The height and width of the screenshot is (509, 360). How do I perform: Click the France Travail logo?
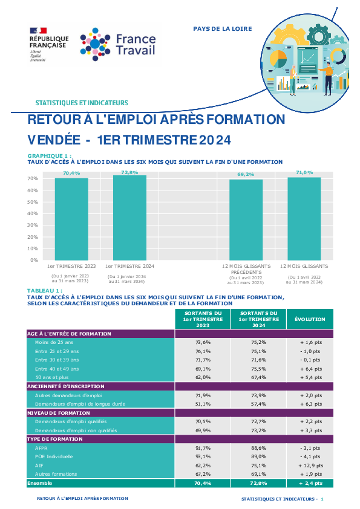click(118, 45)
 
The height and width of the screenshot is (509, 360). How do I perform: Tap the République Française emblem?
click(49, 45)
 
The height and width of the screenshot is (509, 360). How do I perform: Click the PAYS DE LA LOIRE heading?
click(223, 29)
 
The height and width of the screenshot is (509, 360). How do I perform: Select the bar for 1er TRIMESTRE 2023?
click(71, 219)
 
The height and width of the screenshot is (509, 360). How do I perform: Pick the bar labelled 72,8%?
click(129, 218)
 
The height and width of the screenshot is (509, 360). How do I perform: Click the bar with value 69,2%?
click(246, 220)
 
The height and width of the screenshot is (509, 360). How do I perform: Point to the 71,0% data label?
click(304, 172)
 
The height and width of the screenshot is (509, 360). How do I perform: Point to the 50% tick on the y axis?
click(33, 202)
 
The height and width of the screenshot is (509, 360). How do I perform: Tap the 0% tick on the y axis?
click(34, 260)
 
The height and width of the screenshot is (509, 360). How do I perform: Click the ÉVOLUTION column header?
click(310, 319)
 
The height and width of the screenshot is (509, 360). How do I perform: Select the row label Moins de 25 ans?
click(54, 342)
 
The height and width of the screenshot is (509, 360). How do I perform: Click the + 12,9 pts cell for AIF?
click(311, 465)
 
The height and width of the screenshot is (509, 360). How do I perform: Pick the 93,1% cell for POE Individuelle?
click(203, 456)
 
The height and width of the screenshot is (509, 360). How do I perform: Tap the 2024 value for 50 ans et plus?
click(258, 377)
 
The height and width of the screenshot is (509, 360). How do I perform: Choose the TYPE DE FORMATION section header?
click(55, 439)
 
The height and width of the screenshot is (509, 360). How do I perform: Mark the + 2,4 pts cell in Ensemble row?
click(311, 483)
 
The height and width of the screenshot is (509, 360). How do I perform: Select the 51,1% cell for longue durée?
click(203, 404)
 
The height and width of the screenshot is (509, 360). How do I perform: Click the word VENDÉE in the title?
click(54, 140)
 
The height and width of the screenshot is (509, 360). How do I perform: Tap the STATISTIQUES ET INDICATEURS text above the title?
click(82, 103)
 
